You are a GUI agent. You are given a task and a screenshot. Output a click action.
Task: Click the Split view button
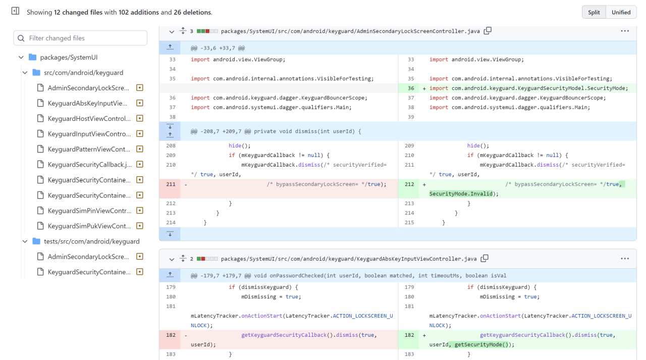click(594, 12)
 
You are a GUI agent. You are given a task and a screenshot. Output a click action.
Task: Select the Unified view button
click(621, 12)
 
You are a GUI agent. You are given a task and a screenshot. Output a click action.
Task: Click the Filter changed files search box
click(81, 38)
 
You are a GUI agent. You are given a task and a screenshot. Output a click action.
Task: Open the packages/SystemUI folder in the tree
click(69, 57)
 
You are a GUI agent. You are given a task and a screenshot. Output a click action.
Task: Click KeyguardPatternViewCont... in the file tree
click(89, 149)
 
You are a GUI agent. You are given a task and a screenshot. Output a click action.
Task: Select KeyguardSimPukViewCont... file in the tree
click(89, 226)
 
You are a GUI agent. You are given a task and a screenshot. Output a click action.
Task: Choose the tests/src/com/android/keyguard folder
click(91, 241)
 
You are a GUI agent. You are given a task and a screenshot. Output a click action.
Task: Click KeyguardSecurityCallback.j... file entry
click(89, 165)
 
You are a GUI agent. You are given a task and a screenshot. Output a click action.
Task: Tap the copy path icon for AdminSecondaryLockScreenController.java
click(487, 31)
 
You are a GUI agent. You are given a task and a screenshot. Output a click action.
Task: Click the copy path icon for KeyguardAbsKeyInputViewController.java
click(484, 259)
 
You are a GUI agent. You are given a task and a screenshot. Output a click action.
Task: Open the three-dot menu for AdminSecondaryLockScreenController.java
click(625, 31)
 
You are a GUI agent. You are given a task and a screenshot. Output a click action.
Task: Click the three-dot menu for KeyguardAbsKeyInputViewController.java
click(625, 259)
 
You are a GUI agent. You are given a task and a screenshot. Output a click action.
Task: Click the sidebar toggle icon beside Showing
click(15, 11)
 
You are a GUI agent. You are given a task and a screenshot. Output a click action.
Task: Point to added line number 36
click(411, 88)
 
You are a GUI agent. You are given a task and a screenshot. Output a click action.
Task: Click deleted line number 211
click(171, 184)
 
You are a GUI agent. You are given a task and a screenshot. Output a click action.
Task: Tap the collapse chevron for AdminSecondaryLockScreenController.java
click(172, 31)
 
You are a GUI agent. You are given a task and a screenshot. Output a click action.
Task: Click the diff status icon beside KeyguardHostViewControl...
click(140, 119)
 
